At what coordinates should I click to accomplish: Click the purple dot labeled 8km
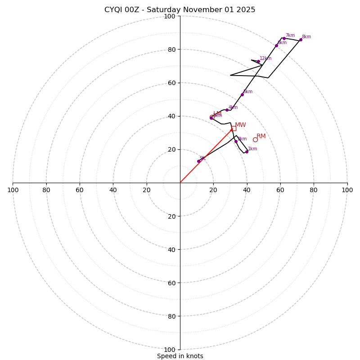301,40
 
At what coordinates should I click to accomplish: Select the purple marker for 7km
284,38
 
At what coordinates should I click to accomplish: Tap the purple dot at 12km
258,62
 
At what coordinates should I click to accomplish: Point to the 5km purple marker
242,94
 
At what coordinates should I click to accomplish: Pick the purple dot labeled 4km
227,110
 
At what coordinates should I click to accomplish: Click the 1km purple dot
247,152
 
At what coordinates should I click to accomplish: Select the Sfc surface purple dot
198,161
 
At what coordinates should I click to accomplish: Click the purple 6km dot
276,45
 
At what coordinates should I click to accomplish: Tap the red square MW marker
234,128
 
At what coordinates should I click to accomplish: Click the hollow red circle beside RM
255,139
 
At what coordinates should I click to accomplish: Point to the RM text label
261,136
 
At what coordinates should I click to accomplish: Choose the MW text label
240,125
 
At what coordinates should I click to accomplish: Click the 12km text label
265,58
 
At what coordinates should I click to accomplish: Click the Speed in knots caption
180,356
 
